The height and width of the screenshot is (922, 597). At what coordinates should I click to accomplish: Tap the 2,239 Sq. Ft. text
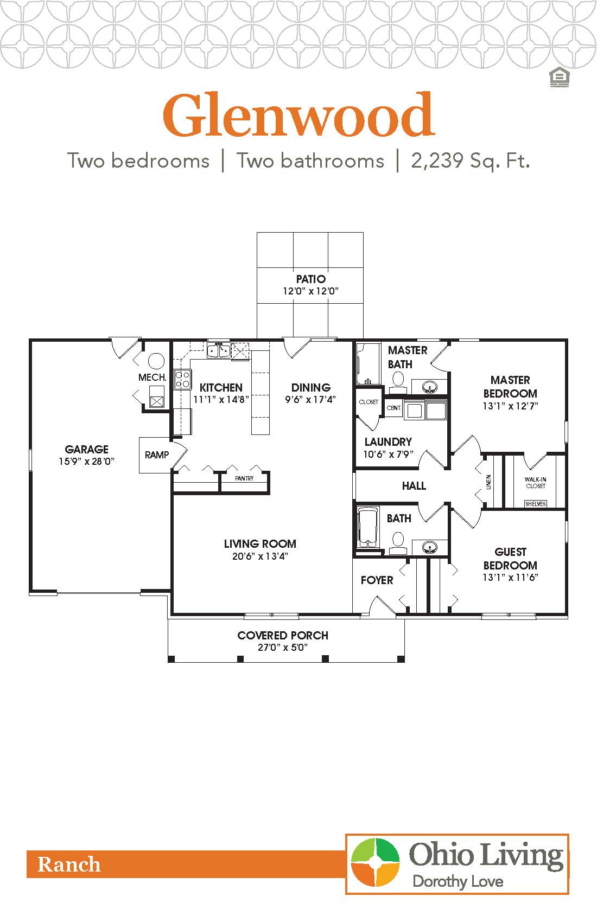[470, 161]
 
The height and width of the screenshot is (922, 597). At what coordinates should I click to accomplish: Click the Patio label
[310, 279]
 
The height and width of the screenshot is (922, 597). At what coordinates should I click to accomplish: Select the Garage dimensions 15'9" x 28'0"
[87, 462]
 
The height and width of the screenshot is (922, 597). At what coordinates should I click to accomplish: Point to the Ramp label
[157, 454]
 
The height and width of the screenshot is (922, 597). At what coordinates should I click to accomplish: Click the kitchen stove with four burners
[182, 378]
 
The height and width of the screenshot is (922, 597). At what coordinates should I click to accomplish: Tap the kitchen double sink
[218, 351]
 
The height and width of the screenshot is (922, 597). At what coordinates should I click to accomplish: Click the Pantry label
[244, 478]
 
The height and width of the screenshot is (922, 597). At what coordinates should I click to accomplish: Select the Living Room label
[260, 543]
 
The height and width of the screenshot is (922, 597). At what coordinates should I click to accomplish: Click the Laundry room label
[388, 441]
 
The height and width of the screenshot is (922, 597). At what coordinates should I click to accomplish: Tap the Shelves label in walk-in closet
[536, 504]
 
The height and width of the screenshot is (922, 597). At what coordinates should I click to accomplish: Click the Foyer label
[377, 580]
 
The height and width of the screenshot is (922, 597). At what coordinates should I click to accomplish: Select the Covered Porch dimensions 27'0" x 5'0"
[283, 648]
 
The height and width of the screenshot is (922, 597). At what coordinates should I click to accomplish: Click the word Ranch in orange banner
[69, 865]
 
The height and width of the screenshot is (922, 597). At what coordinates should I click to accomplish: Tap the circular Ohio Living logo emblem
[375, 863]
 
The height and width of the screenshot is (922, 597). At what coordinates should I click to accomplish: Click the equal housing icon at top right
[558, 78]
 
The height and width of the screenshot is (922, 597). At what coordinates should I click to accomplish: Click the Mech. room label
[152, 377]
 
